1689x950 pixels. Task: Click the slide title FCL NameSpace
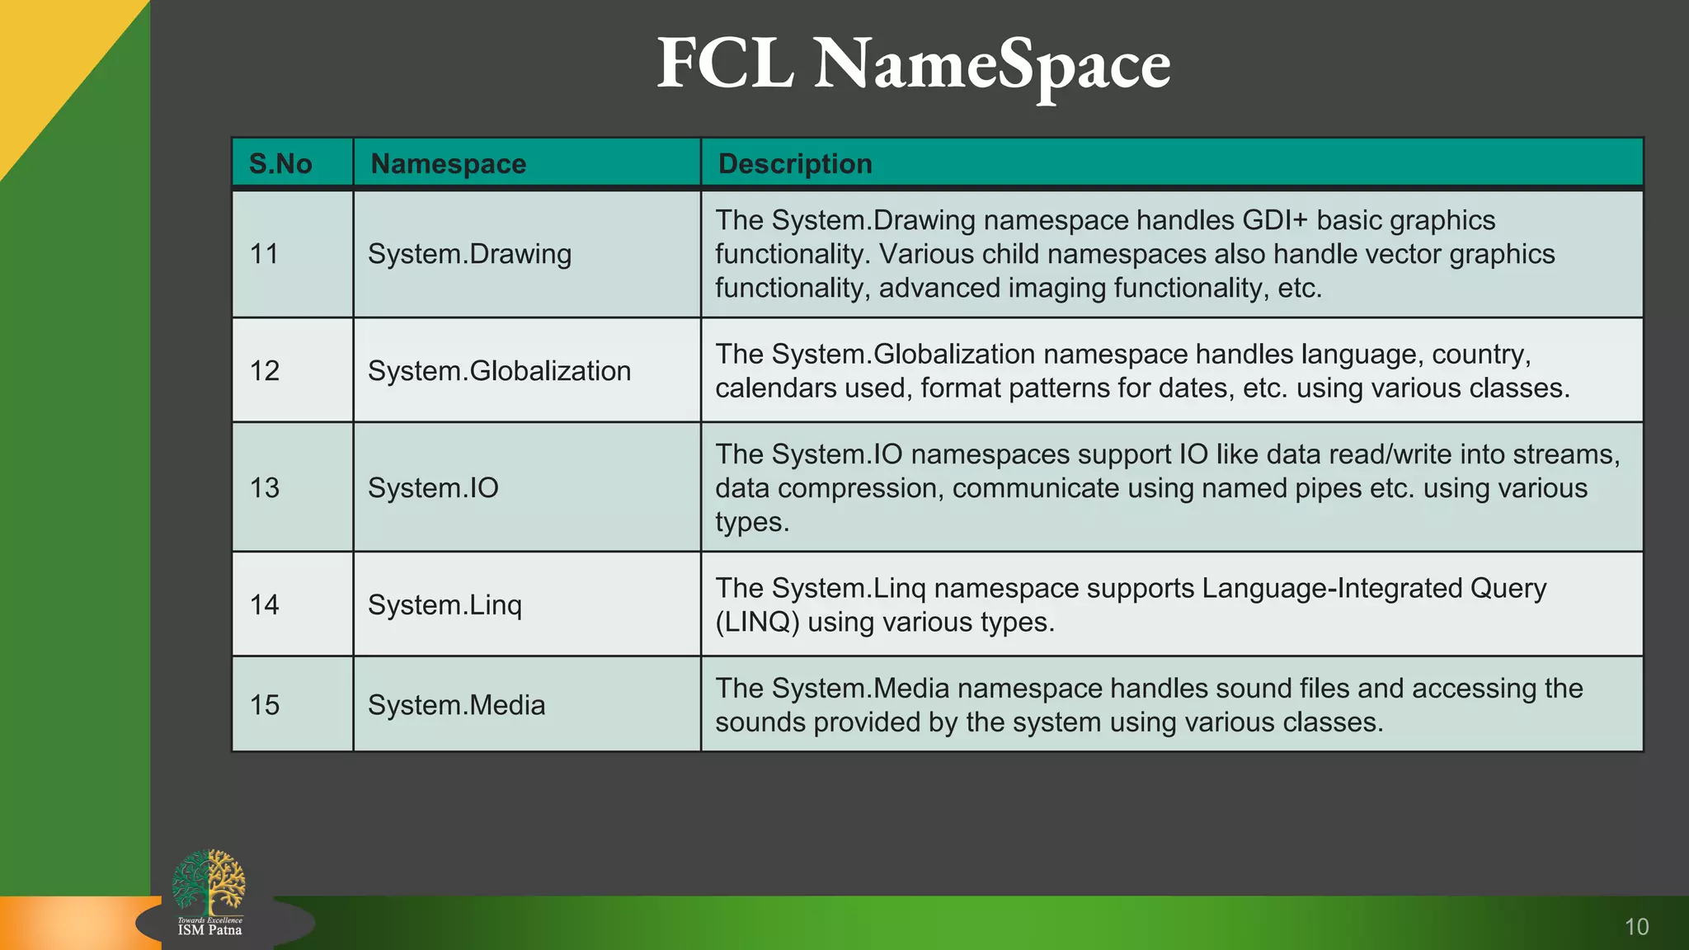click(x=913, y=64)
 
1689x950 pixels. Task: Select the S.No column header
click(x=280, y=163)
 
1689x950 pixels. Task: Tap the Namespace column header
click(x=448, y=163)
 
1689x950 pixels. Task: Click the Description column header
click(x=794, y=163)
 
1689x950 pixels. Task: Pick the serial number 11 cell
click(x=264, y=254)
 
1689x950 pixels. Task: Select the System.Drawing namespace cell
click(x=469, y=254)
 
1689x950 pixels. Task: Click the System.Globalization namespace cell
click(x=499, y=371)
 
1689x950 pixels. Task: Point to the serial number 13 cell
click(x=265, y=487)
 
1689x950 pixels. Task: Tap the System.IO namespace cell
click(x=433, y=487)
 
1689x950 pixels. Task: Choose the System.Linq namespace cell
click(x=445, y=605)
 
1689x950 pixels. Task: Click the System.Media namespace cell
click(x=456, y=705)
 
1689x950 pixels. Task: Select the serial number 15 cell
click(x=265, y=705)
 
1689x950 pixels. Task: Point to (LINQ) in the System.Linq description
click(x=757, y=622)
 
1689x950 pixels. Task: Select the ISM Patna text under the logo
click(x=209, y=930)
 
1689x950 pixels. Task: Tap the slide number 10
click(x=1636, y=927)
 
